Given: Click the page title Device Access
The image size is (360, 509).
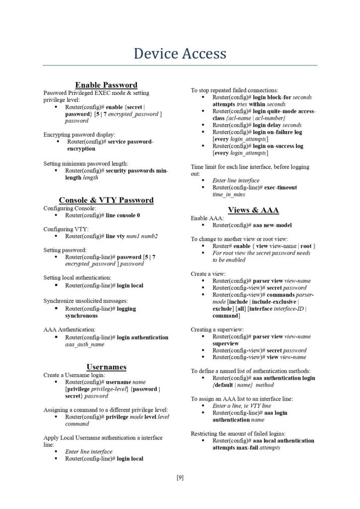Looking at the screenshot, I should [x=180, y=53].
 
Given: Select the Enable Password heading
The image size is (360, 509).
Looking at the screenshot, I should [x=106, y=85].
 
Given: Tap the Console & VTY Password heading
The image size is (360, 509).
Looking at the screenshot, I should [x=106, y=200].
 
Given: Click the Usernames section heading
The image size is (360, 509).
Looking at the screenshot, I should [x=106, y=367].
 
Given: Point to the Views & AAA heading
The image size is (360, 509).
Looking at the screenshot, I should [x=253, y=210].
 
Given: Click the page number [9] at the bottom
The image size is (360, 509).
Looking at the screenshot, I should [x=180, y=478].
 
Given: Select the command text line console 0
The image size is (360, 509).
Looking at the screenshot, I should [x=123, y=215].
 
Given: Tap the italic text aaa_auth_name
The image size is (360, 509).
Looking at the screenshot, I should [x=85, y=344].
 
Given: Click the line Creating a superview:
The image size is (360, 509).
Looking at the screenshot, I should [x=217, y=329].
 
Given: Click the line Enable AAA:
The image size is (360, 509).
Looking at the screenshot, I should [x=207, y=218].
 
